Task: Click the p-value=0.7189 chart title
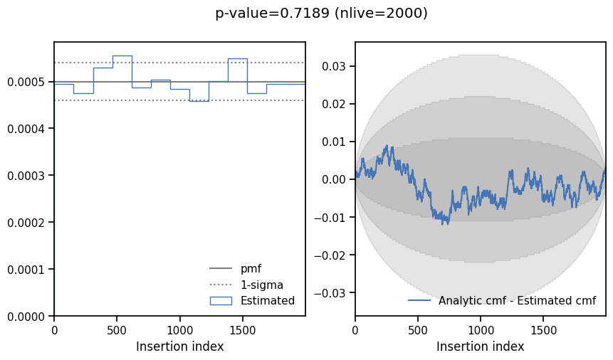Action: point(321,14)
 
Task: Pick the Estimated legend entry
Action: point(267,301)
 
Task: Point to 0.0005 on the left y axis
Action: point(27,82)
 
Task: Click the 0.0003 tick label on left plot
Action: point(27,176)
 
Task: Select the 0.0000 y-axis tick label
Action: point(27,316)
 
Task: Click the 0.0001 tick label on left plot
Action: point(27,270)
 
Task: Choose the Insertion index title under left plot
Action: point(179,347)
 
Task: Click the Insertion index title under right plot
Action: point(480,347)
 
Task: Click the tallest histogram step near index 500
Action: point(122,55)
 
